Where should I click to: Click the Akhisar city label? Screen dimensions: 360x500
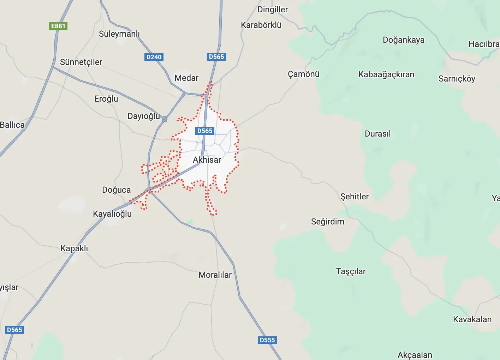(207, 160)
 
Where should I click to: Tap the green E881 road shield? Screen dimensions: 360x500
(58, 26)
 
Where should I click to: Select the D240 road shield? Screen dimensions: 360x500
(154, 57)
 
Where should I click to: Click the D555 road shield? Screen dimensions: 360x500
(267, 340)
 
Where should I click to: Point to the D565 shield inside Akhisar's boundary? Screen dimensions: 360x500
(205, 131)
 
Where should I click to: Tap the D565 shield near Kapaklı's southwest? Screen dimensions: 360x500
(14, 330)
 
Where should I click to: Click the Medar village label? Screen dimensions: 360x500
(186, 78)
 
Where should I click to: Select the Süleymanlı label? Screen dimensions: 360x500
(119, 34)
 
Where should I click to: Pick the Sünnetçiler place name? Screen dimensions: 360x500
(81, 62)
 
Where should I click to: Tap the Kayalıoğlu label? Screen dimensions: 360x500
(112, 214)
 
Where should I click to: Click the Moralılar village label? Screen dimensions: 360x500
(215, 275)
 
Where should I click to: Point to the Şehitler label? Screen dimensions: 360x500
(354, 197)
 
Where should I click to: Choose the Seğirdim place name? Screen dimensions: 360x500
(327, 222)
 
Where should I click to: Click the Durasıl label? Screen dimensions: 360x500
(377, 134)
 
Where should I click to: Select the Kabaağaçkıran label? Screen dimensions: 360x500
(386, 74)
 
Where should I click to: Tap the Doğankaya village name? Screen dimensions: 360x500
(404, 40)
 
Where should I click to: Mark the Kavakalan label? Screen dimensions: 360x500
(472, 319)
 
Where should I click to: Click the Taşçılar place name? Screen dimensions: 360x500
(351, 271)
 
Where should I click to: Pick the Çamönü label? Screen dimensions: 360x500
(303, 74)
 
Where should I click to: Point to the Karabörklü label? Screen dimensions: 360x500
(261, 25)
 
